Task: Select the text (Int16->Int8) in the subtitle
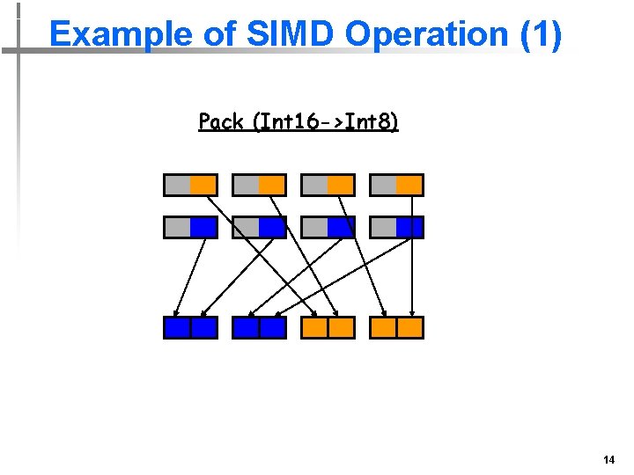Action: pos(326,121)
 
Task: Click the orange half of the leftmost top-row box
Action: pos(203,185)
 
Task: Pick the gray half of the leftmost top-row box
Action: pos(178,185)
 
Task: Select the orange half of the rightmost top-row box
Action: pos(409,185)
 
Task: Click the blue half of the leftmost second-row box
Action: pos(203,227)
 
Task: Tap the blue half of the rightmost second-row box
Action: pos(409,227)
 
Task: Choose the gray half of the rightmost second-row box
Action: pos(384,227)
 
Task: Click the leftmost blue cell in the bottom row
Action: pos(177,328)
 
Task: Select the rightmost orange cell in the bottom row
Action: pos(410,328)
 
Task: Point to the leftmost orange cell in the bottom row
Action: pos(314,328)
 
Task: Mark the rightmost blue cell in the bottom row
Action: pos(273,328)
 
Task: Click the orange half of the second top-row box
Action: pos(272,185)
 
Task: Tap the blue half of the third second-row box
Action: pos(341,227)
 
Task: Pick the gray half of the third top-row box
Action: pos(315,185)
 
